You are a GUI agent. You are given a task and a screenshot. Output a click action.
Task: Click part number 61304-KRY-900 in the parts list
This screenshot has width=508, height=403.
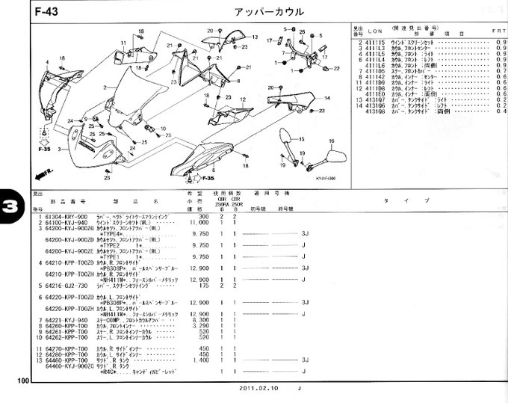(66, 215)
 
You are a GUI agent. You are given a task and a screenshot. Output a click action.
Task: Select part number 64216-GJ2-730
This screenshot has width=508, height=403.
(66, 286)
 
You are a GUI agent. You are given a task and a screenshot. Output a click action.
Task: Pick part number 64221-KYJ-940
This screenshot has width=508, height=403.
(66, 320)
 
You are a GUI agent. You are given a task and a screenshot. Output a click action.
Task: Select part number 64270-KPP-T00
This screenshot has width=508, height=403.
(66, 348)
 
